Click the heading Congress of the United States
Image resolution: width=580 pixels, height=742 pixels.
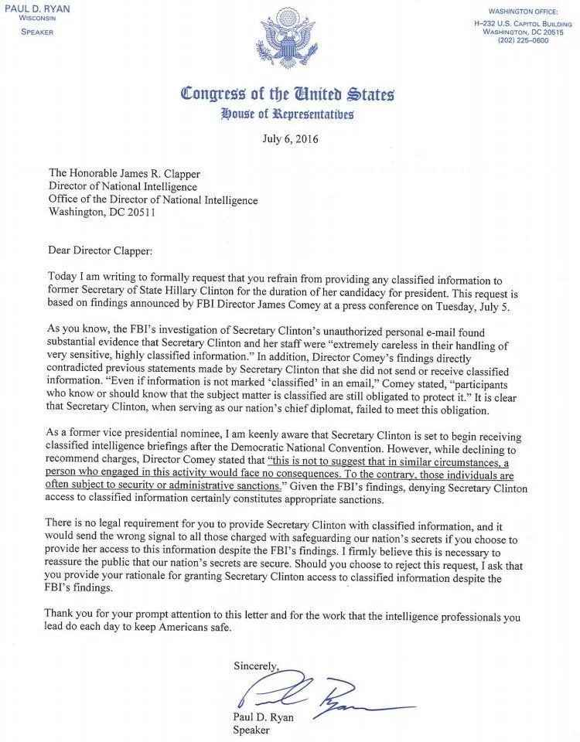pos(288,94)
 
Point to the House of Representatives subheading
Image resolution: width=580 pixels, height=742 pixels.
pos(288,114)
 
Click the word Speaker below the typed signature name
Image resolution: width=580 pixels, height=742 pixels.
pos(252,727)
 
